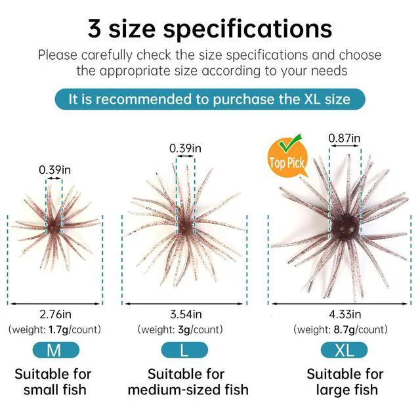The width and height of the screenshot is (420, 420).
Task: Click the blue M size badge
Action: (56, 350)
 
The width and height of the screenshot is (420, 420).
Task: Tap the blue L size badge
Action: (184, 350)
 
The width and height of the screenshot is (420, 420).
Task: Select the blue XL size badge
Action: (344, 350)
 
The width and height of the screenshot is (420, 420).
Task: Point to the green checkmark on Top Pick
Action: (290, 142)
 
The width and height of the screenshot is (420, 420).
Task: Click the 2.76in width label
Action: (55, 314)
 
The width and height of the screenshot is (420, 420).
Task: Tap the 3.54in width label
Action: (186, 314)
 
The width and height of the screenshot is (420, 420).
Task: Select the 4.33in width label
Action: (345, 314)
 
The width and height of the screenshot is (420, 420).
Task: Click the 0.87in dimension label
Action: (345, 138)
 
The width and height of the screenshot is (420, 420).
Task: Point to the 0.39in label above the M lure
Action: (54, 170)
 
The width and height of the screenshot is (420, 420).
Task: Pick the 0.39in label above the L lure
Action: (185, 148)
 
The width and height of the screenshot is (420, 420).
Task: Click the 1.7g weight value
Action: (58, 329)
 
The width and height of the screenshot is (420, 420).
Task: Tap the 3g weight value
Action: (184, 329)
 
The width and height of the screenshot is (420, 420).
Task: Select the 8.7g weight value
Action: (344, 329)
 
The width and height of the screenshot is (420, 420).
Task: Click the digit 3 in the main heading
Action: (94, 29)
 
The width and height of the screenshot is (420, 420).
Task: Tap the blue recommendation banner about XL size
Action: (210, 99)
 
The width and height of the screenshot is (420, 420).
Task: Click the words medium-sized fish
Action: (188, 390)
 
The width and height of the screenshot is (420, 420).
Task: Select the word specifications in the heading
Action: (248, 30)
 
